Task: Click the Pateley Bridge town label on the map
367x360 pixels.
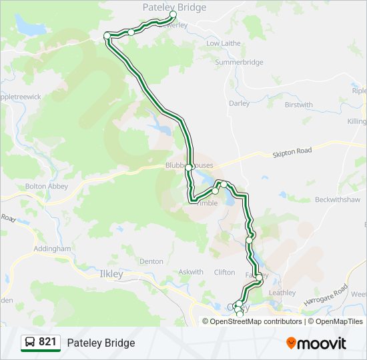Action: (174, 7)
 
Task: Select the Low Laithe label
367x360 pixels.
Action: (223, 43)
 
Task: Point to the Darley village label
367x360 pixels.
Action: (239, 103)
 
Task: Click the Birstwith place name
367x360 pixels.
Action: (298, 105)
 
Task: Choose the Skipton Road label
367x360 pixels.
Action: (292, 153)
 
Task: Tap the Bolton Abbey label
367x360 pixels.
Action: (46, 187)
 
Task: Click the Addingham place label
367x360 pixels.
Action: (51, 249)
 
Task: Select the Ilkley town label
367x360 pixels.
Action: (111, 274)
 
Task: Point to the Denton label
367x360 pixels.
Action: (151, 261)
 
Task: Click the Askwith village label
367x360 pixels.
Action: (191, 272)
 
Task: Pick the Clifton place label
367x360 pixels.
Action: (224, 272)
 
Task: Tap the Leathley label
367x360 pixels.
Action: (282, 293)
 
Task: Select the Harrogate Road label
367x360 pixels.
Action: (331, 291)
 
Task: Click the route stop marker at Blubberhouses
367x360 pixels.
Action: (190, 167)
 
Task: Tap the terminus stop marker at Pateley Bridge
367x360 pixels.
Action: (173, 14)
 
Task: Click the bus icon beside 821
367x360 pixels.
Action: (30, 342)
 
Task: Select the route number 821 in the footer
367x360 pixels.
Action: (47, 342)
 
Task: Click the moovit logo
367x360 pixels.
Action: (316, 343)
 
